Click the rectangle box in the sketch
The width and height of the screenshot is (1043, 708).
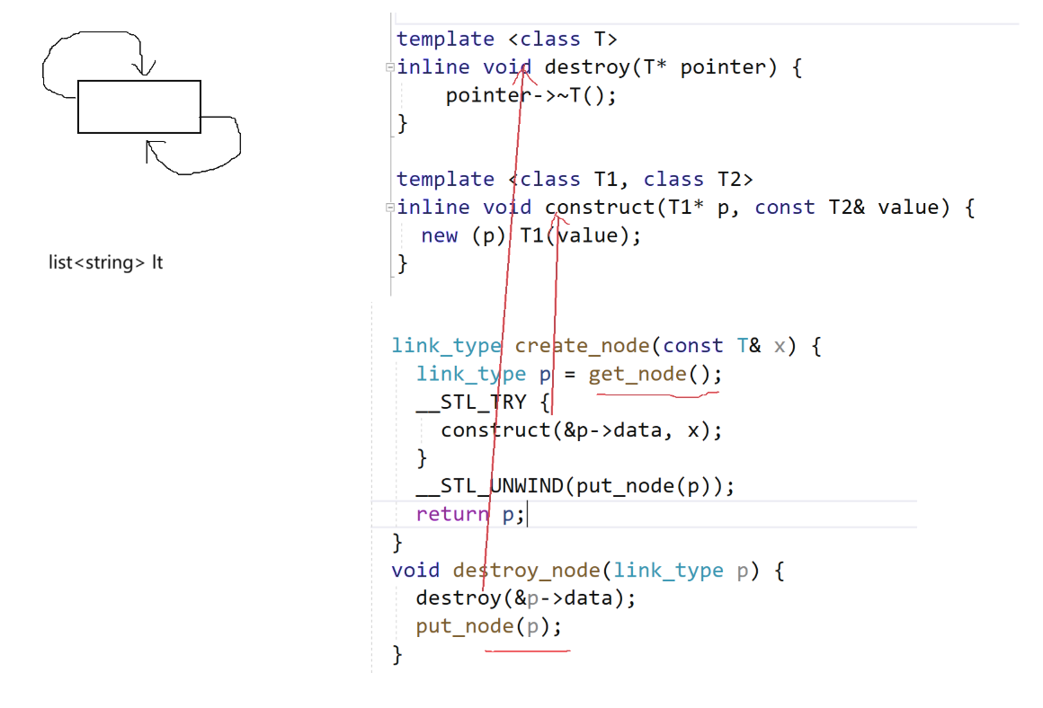(138, 107)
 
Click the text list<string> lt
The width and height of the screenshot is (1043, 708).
(105, 263)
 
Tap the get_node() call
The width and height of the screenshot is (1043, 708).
(655, 374)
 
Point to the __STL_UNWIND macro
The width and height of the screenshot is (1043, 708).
(490, 486)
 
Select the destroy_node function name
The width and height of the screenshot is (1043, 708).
(527, 571)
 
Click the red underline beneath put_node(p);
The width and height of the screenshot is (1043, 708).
(527, 650)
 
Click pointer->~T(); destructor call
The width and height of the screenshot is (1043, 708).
(530, 95)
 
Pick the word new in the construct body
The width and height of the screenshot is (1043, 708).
(439, 235)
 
